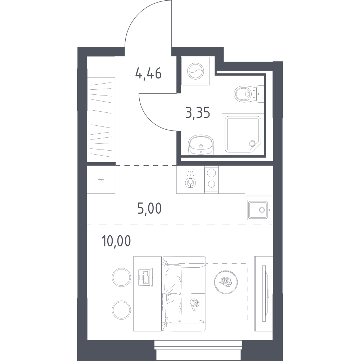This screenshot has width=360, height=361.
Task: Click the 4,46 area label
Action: click(148, 73)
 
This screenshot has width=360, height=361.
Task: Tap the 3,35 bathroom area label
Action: click(198, 113)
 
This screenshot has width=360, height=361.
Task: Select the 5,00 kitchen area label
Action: click(149, 208)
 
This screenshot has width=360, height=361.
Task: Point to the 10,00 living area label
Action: click(116, 241)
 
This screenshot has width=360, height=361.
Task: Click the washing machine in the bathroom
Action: click(195, 71)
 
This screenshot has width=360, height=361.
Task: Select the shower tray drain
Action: click(252, 143)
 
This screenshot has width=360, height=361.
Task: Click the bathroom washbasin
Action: click(201, 145)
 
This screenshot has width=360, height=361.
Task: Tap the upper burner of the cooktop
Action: click(211, 173)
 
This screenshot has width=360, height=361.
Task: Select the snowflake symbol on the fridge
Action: click(101, 179)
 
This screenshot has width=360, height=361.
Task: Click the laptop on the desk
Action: click(146, 278)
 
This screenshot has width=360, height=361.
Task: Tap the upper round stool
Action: click(121, 277)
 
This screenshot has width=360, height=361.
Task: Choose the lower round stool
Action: click(121, 310)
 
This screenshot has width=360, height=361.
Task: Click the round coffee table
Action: click(226, 282)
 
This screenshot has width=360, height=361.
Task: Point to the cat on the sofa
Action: click(195, 304)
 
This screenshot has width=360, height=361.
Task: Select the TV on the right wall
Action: click(265, 293)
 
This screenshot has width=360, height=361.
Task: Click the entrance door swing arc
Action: click(138, 14)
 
